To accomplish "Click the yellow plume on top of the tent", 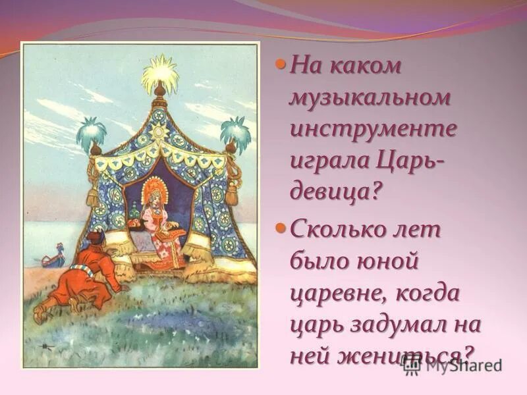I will pos(160,69).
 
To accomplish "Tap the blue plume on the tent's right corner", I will pos(235,130).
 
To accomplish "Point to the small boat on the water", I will pos(53,257).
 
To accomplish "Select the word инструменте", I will pos(373,128).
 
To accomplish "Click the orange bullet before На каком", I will pos(280,65).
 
